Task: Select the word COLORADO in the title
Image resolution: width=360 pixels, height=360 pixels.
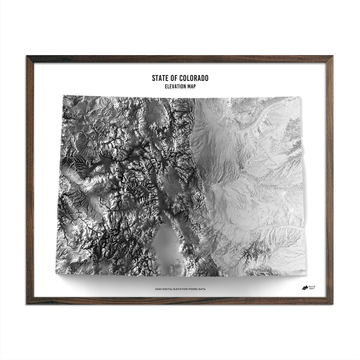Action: [x=194, y=78]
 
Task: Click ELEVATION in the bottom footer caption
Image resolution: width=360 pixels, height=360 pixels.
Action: [x=179, y=289]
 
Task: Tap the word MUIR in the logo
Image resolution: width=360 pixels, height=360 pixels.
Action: [x=314, y=285]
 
